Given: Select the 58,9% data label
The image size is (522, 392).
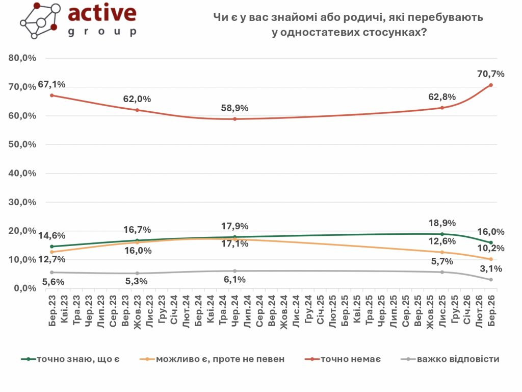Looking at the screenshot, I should pos(234,108).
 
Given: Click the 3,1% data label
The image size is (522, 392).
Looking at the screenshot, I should pos(492,269).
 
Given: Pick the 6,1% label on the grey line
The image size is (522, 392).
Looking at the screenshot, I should pos(235,279).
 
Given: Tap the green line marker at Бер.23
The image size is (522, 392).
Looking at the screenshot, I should pos(52,247).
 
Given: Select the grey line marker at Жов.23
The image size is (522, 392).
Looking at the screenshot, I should pos(137,273).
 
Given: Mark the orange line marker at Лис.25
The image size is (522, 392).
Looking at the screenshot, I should pos(442,252).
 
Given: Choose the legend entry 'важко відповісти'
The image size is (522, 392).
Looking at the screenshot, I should pos(458,359).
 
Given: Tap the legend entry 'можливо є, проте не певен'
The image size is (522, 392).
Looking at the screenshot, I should pos(219,359).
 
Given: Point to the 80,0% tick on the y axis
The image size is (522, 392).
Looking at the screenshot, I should pos(22,58).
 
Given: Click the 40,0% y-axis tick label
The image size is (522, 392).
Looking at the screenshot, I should pos(22,173).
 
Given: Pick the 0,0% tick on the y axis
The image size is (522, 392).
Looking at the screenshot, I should pos(24,288).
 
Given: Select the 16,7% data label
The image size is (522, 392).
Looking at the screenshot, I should pos(137,230).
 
